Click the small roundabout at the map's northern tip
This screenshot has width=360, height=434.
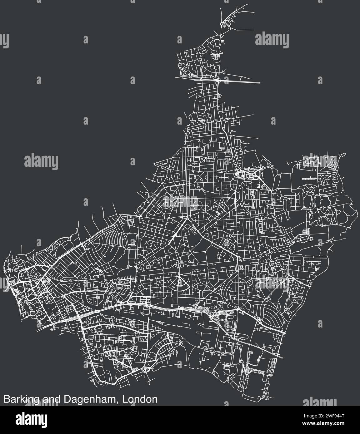tap(222, 23)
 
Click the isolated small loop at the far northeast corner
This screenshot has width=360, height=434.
tap(343, 154)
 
